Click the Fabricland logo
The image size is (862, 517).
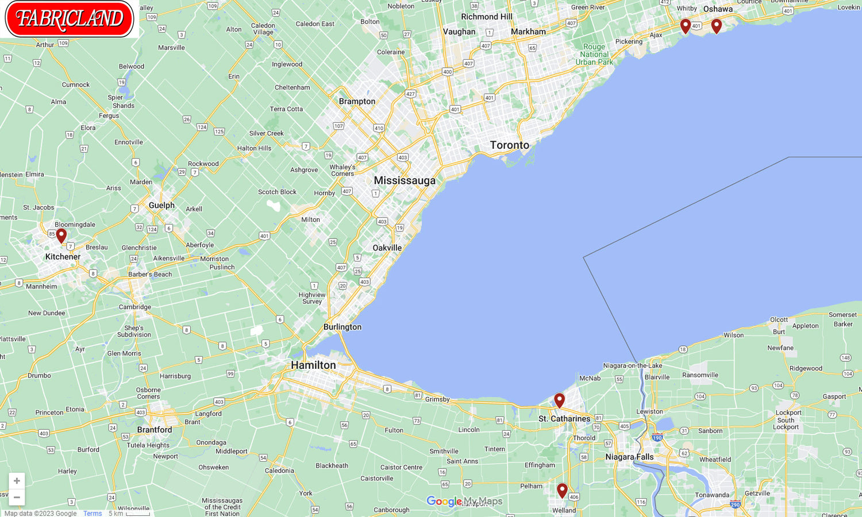coord(69,18)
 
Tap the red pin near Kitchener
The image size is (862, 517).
coord(61,235)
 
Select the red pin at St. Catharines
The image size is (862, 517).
coord(559,400)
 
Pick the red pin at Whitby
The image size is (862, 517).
coord(685,25)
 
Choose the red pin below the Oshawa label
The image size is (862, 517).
coord(716,25)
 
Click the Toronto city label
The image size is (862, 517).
coord(509,145)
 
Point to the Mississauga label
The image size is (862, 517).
coord(405,180)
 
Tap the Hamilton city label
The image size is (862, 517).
coord(313,365)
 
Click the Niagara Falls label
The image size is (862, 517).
coord(629,457)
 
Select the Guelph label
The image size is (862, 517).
coord(161,205)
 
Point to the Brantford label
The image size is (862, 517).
coord(154,430)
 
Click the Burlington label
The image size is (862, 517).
coord(343,327)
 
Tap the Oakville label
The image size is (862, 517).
coord(387,248)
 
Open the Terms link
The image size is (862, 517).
coord(92,513)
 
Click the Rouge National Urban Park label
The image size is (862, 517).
coord(594,55)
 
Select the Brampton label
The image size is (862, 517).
coord(357,101)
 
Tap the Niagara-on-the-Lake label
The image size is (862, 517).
coord(632,365)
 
